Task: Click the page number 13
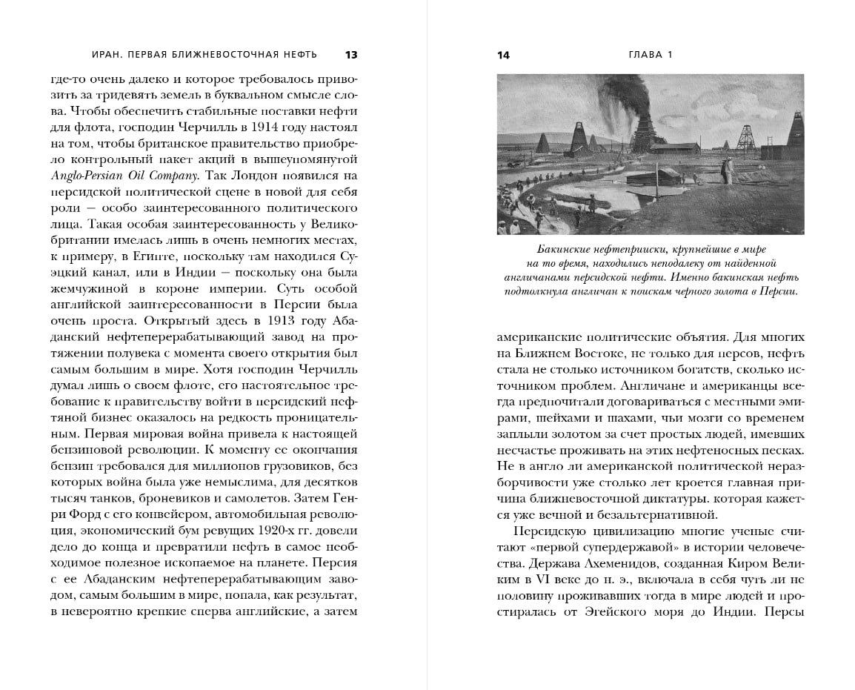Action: [x=351, y=55]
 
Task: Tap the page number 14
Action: [x=503, y=55]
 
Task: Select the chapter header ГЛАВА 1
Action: [x=650, y=55]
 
